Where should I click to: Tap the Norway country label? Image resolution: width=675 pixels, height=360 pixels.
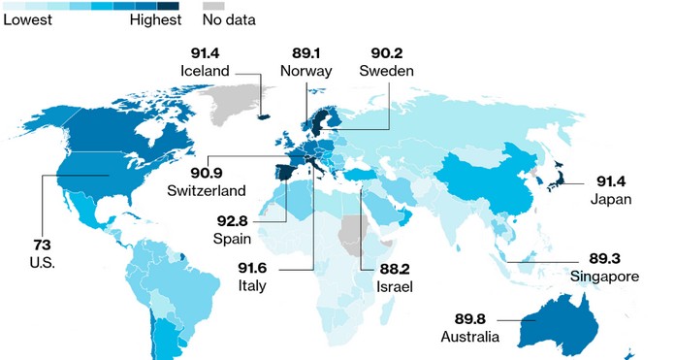(x=305, y=71)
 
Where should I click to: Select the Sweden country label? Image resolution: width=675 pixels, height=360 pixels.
(x=386, y=71)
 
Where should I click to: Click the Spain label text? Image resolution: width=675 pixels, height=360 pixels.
(x=233, y=237)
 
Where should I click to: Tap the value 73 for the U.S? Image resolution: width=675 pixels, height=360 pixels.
(x=43, y=245)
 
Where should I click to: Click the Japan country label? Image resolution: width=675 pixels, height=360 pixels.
(x=610, y=200)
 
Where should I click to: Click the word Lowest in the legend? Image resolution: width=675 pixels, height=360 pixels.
(x=26, y=18)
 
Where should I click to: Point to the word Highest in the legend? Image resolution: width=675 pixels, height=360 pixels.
(x=155, y=18)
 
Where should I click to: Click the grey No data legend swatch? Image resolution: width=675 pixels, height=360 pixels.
(x=211, y=5)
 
